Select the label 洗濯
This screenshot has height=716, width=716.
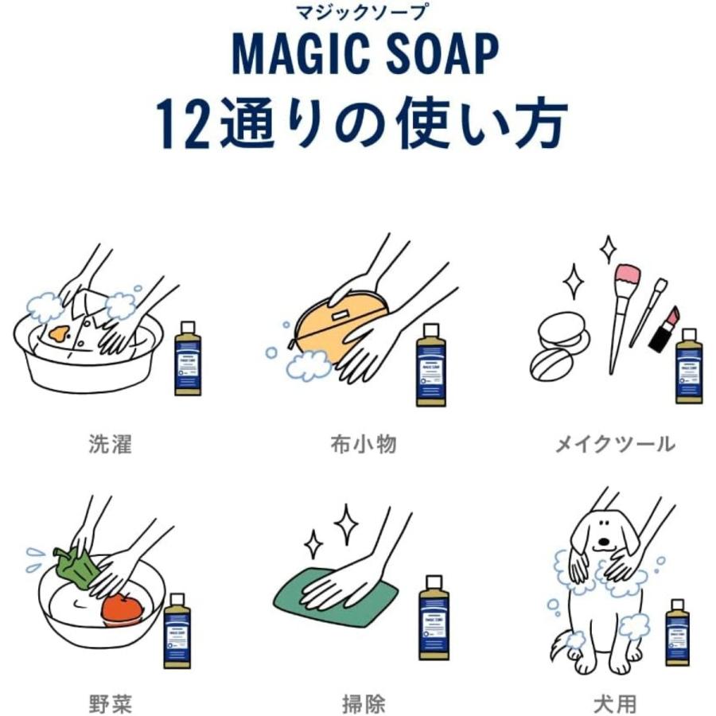pyautogui.click(x=110, y=443)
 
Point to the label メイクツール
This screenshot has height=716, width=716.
pyautogui.click(x=614, y=443)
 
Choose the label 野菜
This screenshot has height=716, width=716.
pyautogui.click(x=110, y=702)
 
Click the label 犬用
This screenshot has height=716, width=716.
pyautogui.click(x=614, y=702)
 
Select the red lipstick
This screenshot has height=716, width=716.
pyautogui.click(x=663, y=330)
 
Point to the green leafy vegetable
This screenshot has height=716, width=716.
pyautogui.click(x=74, y=568)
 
